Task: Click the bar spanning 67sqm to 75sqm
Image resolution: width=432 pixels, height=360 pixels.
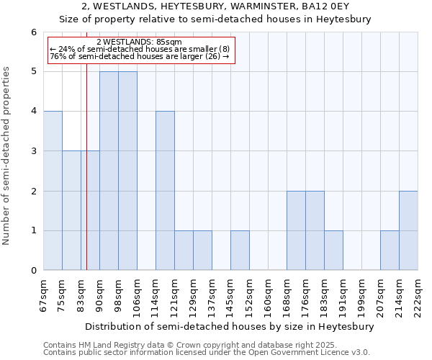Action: pyautogui.click(x=53, y=191)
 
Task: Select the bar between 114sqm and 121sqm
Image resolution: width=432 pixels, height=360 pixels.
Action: pyautogui.click(x=165, y=191)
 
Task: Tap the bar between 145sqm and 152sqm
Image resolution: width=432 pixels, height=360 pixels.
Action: pyautogui.click(x=240, y=251)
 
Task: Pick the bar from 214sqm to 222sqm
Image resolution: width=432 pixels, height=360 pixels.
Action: pyautogui.click(x=408, y=230)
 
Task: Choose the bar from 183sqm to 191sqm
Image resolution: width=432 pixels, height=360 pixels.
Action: pyautogui.click(x=333, y=251)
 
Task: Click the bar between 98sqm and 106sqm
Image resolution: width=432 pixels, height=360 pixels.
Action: pyautogui.click(x=127, y=171)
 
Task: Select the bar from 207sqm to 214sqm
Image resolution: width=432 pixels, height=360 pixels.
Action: pyautogui.click(x=390, y=251)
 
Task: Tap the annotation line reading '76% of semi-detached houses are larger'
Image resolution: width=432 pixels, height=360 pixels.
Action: pyautogui.click(x=139, y=57)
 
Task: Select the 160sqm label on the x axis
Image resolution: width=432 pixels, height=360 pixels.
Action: pyautogui.click(x=268, y=294)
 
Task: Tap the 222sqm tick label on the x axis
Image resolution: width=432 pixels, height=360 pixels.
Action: pyautogui.click(x=418, y=294)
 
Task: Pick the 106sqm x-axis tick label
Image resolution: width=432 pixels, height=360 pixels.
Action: pyautogui.click(x=137, y=294)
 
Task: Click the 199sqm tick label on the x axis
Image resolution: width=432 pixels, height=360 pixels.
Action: pyautogui.click(x=361, y=294)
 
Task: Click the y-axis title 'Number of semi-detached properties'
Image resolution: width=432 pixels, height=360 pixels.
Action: pyautogui.click(x=6, y=156)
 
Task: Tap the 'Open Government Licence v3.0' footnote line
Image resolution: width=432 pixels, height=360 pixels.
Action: pyautogui.click(x=207, y=353)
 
